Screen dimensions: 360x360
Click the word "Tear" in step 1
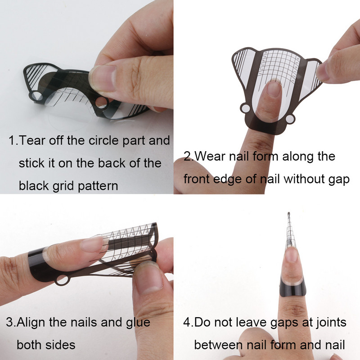[x=32, y=140]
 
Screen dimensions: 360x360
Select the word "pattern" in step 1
[x=98, y=186]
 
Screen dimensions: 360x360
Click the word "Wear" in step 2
[x=210, y=156]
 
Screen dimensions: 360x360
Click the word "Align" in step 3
[x=31, y=323]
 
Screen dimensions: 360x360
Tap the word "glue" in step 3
[x=138, y=323]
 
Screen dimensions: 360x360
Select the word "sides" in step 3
[x=60, y=345]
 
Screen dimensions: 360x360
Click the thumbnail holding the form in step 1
[x=103, y=77]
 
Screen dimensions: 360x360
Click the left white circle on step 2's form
[x=246, y=108]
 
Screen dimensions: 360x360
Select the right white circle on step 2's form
[x=290, y=119]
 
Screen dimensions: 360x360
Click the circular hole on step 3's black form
[x=62, y=280]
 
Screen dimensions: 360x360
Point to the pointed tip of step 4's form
[x=288, y=213]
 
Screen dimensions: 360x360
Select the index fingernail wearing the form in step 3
[x=92, y=243]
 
